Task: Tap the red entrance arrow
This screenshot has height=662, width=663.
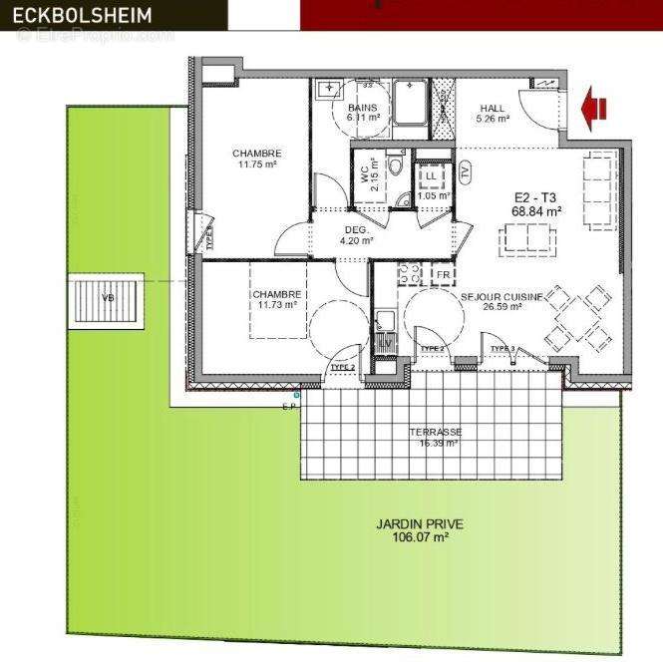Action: coord(596,107)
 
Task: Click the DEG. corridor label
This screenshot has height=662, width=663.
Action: coord(356,228)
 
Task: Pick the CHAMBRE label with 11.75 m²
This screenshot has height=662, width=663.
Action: coord(256,153)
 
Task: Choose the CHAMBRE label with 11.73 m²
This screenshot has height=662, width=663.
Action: coord(275,294)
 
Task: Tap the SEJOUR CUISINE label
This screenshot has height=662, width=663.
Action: coord(501,296)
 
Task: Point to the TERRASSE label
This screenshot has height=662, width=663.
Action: coord(435,432)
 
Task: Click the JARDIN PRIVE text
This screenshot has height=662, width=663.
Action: coord(420,523)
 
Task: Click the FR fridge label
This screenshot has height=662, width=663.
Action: coord(445,274)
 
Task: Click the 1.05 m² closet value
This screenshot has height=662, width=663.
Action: coord(433,195)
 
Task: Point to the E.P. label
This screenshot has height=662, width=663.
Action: coord(289,407)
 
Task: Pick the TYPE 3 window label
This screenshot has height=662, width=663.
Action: coord(502,347)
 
